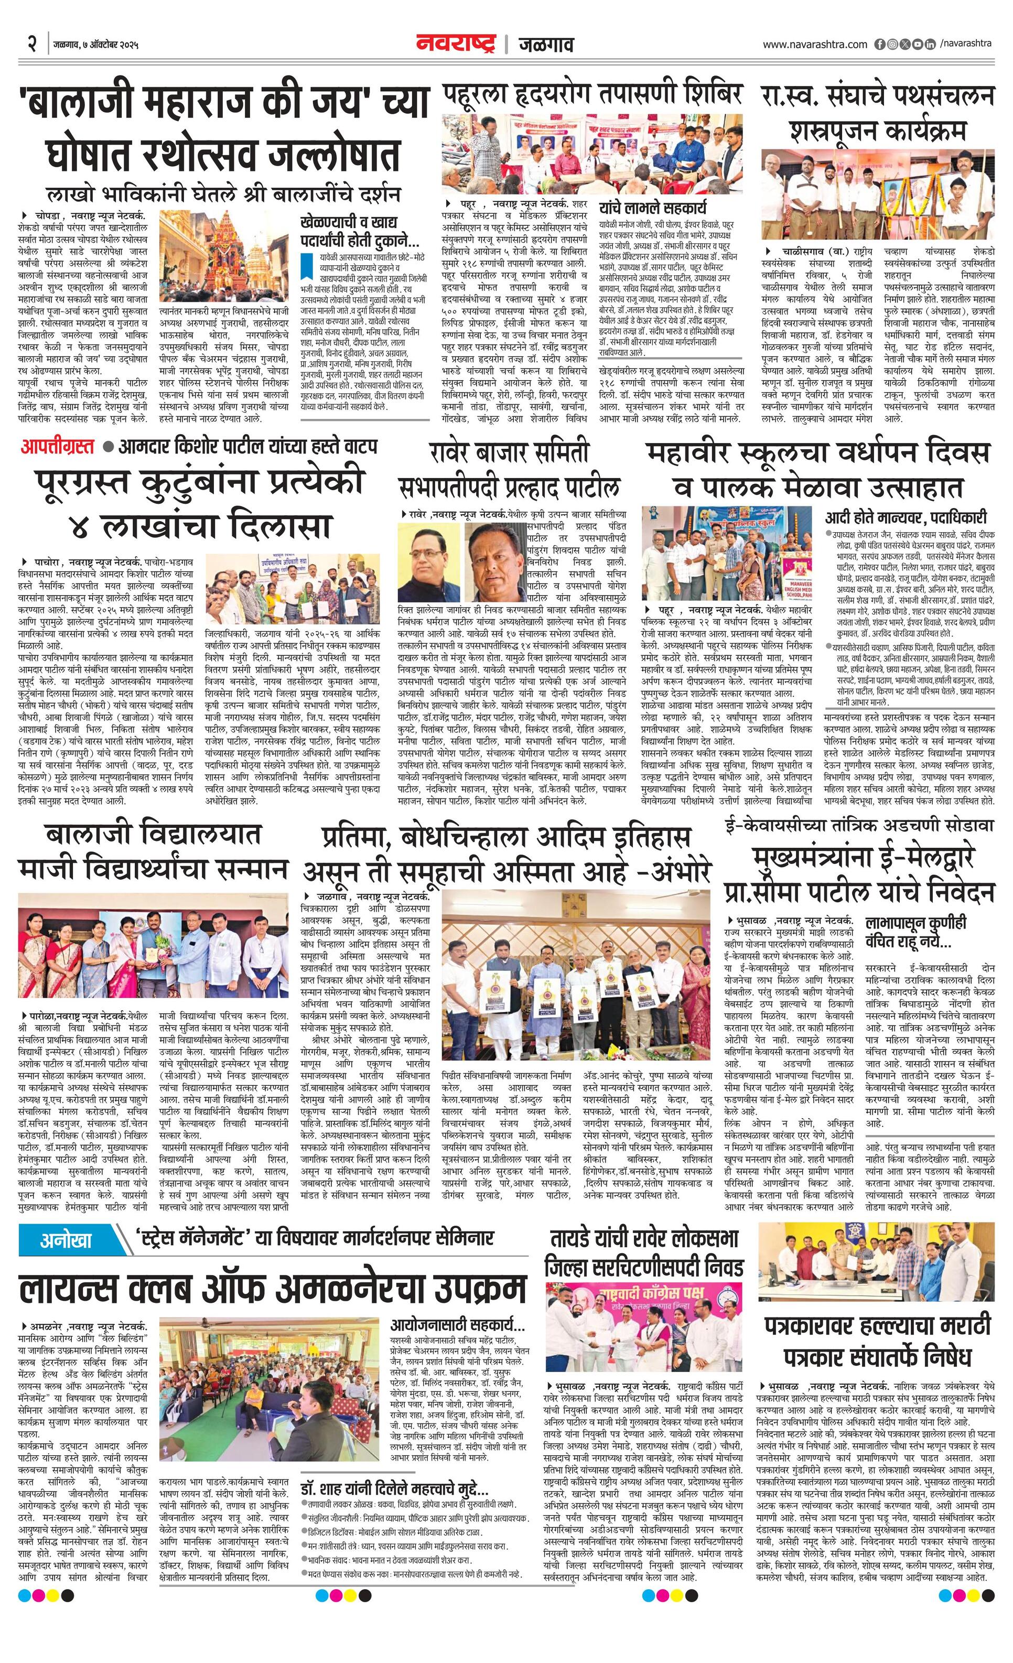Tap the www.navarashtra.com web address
[x=815, y=45]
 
